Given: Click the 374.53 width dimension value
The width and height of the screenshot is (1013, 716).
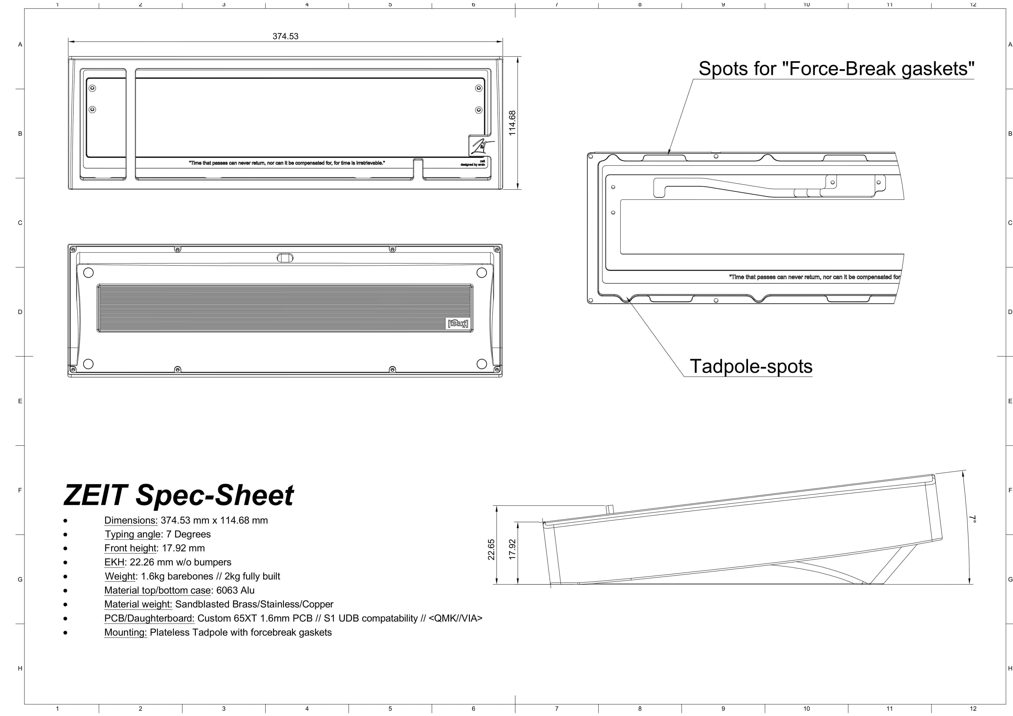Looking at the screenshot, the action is pos(285,36).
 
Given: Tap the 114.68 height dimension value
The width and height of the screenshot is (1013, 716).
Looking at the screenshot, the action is pos(512,123).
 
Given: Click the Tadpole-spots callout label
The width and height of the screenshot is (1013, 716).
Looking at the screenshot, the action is pos(751,366).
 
